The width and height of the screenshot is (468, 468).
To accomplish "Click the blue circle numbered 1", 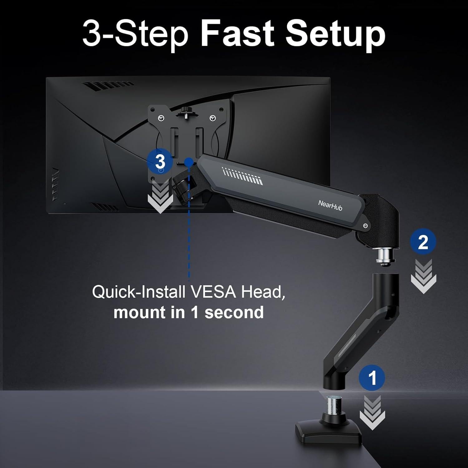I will click(x=372, y=378).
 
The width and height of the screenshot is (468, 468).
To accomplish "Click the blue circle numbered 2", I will click(x=423, y=242).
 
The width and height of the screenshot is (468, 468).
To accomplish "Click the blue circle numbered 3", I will click(x=160, y=162).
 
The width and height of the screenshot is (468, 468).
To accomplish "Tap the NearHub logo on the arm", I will click(x=330, y=206).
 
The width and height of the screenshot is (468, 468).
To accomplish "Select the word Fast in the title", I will click(x=237, y=34).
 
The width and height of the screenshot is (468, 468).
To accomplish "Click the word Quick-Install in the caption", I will click(x=139, y=292).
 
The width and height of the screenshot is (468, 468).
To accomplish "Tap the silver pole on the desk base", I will click(x=335, y=405).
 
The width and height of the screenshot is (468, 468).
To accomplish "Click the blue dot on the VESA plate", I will click(x=188, y=161).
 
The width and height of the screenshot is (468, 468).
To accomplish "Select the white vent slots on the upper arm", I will click(x=242, y=175).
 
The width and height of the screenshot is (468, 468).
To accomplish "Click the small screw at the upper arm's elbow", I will click(x=365, y=226).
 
